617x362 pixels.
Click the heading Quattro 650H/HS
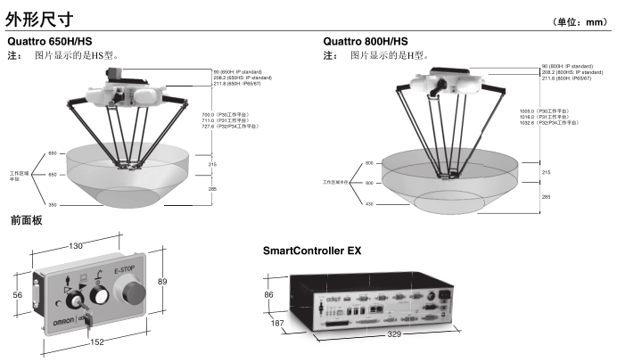49,41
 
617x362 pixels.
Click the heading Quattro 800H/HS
366,41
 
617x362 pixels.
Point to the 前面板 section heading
26,219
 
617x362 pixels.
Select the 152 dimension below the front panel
96,341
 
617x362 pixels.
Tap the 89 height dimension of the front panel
161,282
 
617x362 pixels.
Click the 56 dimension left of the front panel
17,294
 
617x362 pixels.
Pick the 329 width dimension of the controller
394,334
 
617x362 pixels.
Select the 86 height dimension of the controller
269,293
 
